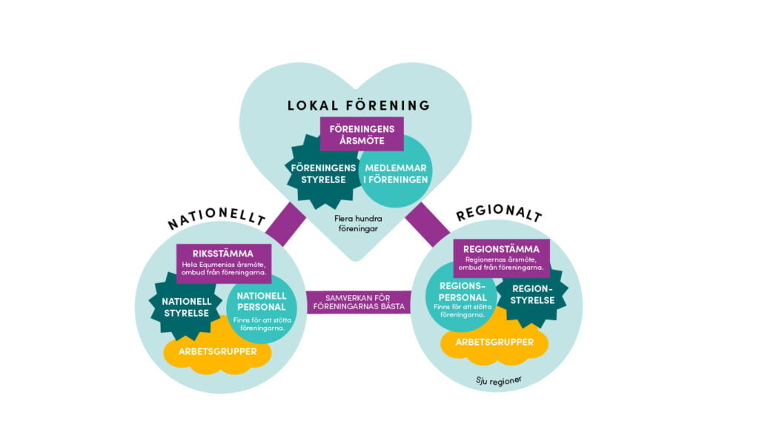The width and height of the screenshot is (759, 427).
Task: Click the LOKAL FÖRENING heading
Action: pos(358,105)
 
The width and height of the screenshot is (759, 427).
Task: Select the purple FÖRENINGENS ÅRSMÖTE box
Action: pos(362,134)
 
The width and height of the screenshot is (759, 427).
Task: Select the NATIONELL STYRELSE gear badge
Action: pos(187,306)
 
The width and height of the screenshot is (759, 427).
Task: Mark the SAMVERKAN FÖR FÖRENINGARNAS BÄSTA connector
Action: pos(358,302)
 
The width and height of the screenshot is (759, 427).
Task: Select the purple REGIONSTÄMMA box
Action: pos(503,256)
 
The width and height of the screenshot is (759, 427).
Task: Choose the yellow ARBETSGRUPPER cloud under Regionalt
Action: pos(494,343)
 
